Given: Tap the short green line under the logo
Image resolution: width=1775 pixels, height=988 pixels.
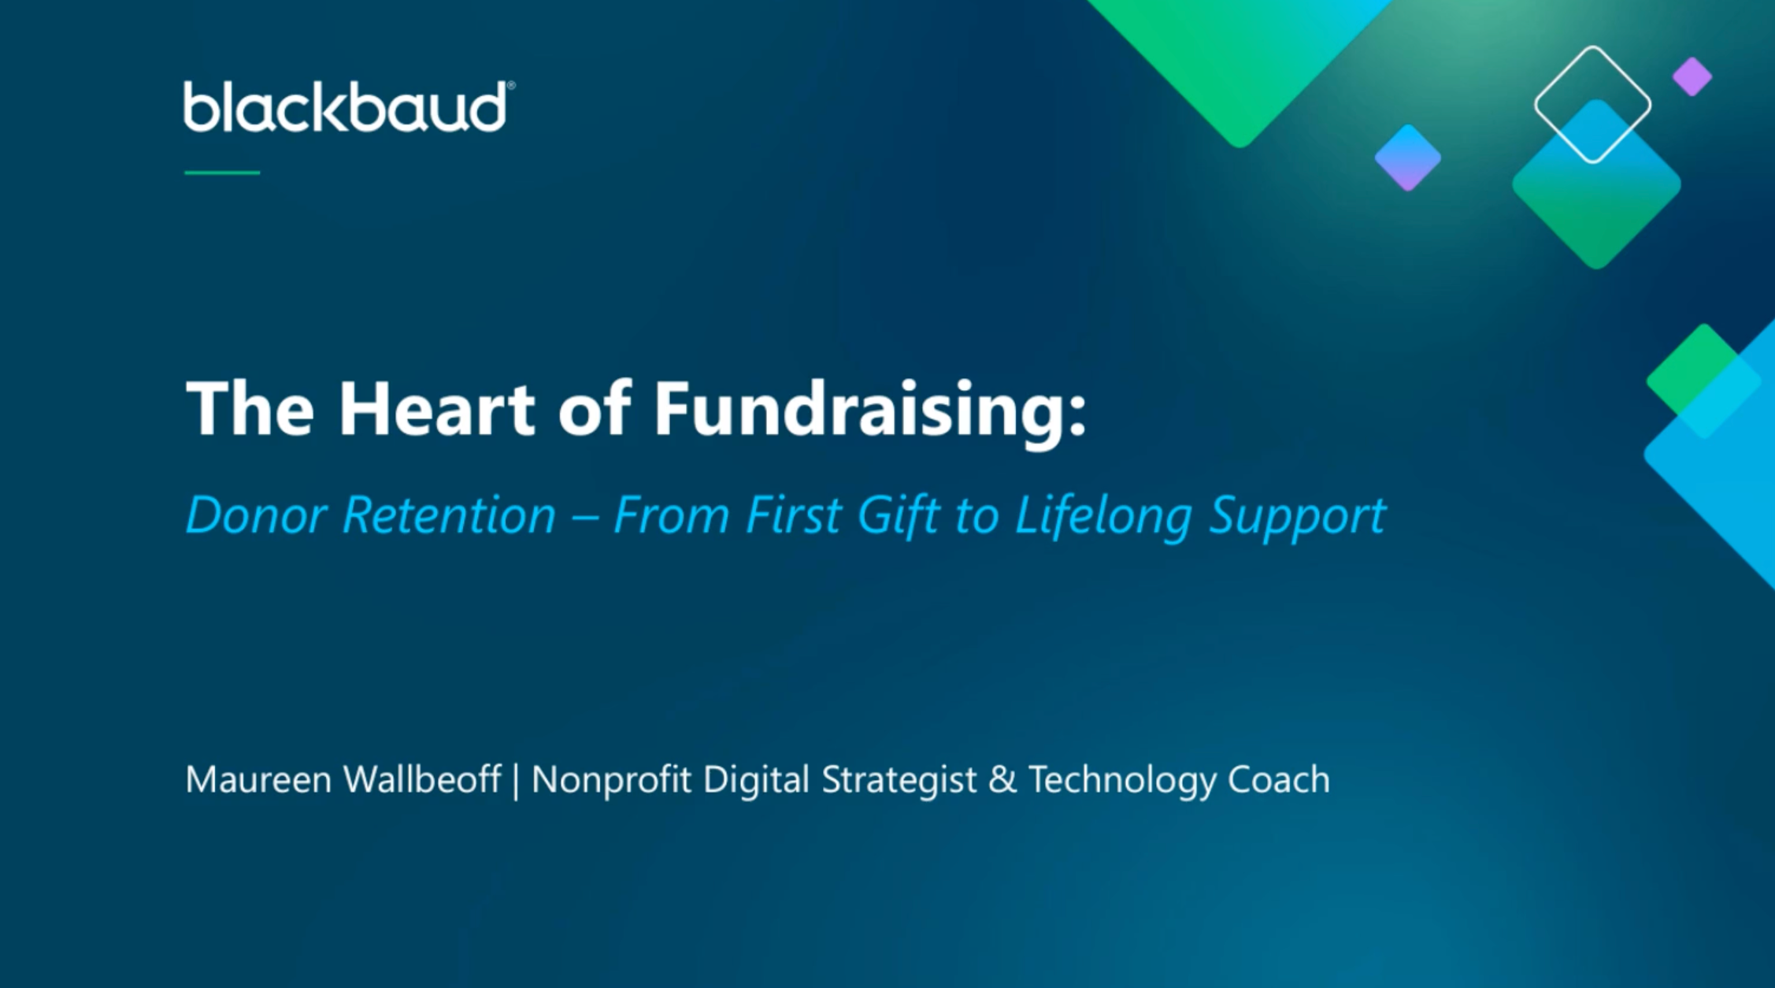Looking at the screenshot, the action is click(x=222, y=173).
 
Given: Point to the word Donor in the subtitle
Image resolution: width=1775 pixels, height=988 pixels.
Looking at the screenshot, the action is click(x=256, y=515).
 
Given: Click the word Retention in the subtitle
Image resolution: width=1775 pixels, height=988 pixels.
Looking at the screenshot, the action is click(x=450, y=515).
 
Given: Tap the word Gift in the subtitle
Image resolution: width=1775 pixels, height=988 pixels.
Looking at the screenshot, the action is click(x=899, y=517).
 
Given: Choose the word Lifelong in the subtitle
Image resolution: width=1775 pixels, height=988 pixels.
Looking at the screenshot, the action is click(x=1102, y=517).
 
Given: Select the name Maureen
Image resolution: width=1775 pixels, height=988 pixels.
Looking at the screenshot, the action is click(x=258, y=780).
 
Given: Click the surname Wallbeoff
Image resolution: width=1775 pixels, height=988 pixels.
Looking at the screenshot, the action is click(x=422, y=779).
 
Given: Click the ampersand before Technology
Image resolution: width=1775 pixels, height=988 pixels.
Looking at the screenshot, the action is click(x=1002, y=780).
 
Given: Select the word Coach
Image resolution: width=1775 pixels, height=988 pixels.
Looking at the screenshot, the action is click(x=1278, y=780).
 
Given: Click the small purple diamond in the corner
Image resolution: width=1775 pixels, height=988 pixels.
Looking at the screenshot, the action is click(x=1692, y=76).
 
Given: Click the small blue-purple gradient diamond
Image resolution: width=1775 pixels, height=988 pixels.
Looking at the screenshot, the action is click(x=1408, y=158).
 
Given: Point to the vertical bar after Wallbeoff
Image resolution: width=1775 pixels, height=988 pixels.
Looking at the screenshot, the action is click(x=516, y=782).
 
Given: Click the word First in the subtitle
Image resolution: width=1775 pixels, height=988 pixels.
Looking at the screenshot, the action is click(x=793, y=515).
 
